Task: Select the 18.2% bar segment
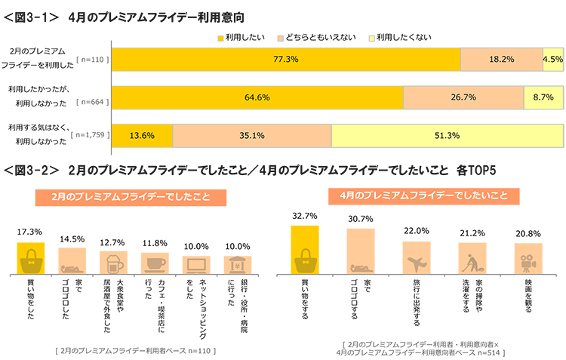coord(501,59)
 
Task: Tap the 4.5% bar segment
coord(552,59)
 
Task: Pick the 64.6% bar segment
coord(257,97)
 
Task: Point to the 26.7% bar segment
coord(463,97)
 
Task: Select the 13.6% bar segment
coord(142,136)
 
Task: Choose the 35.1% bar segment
coord(252,136)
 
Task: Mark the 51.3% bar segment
coord(447,136)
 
